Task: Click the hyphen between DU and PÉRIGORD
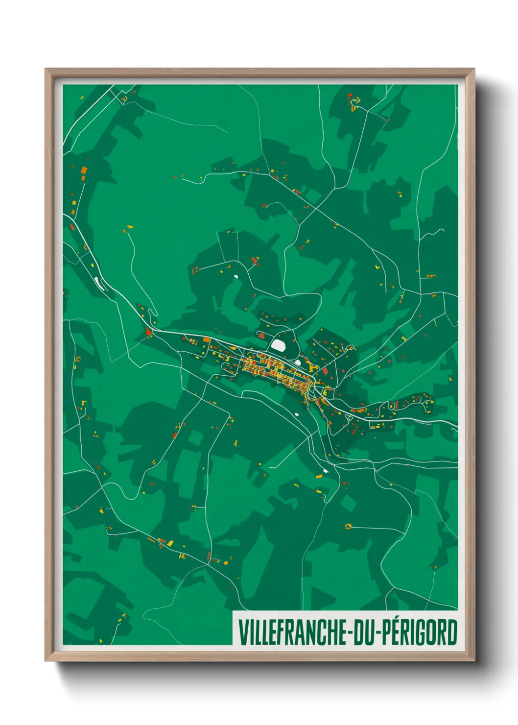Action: click(x=377, y=632)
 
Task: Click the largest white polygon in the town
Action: click(x=279, y=344)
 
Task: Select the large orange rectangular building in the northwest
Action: click(x=84, y=170)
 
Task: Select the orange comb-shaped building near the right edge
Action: click(x=430, y=276)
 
